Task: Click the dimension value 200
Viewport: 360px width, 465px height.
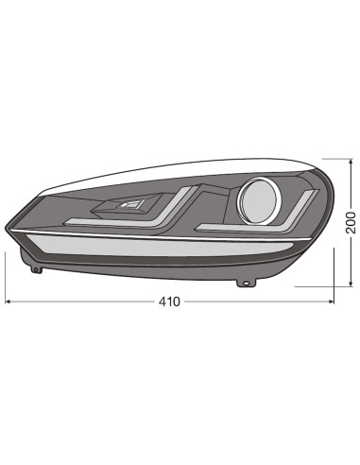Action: click(350, 221)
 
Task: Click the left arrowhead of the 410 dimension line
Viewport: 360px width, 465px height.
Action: click(9, 302)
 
